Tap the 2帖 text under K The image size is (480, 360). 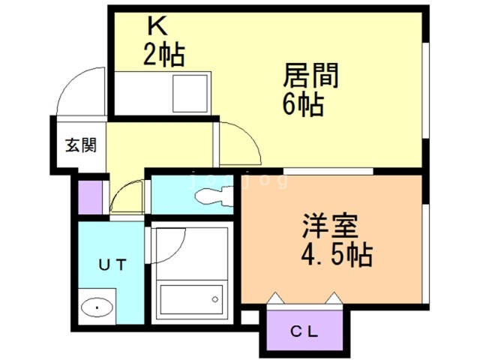164,55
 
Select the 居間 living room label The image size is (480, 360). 310,75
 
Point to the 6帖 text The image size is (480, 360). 303,104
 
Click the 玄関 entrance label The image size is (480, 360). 81,145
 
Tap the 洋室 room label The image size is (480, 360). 331,226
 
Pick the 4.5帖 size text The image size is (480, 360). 337,255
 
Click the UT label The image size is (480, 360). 112,265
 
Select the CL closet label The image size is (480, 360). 304,331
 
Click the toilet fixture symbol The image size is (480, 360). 214,196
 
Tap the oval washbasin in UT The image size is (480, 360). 97,307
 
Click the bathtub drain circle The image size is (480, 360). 215,299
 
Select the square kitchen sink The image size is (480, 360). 190,94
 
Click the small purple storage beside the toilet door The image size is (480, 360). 90,197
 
